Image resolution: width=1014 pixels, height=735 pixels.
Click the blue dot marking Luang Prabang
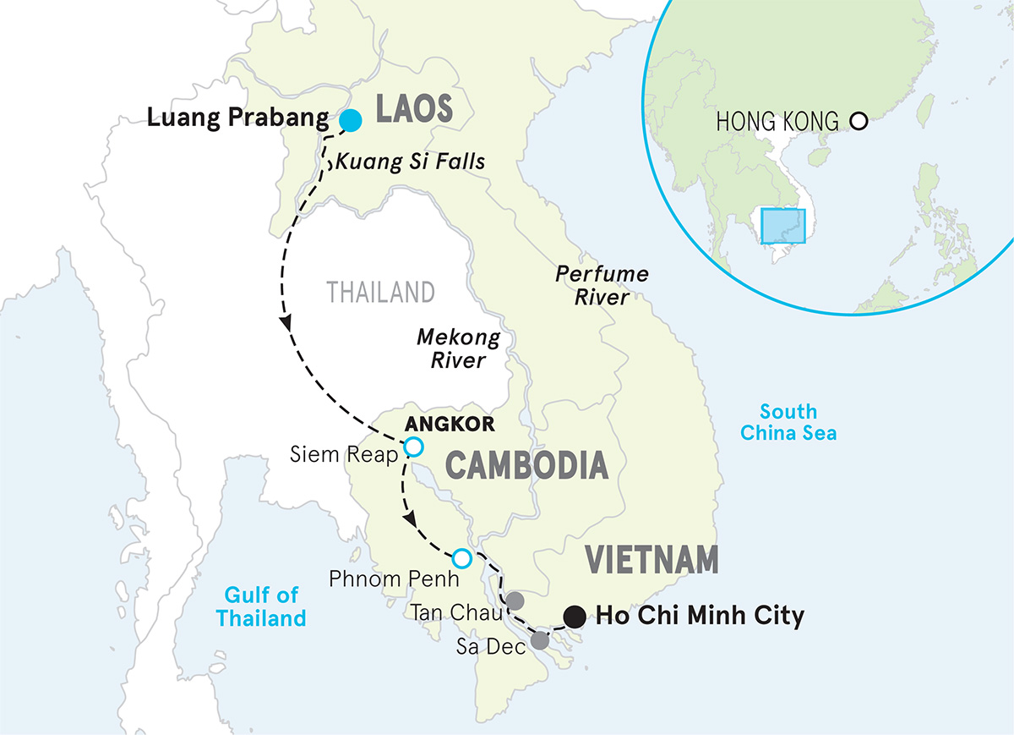coord(350,121)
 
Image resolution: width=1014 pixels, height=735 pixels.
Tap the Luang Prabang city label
coord(237,118)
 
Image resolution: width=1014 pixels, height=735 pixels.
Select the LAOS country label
coord(413,109)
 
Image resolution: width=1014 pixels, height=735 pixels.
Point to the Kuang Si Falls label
coord(411,161)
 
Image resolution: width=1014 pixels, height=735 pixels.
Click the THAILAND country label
coord(380,293)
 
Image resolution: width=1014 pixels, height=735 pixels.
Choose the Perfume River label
coord(602,286)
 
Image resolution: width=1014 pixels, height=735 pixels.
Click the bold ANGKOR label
coord(438,424)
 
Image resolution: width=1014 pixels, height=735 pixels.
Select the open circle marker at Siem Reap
coord(413,447)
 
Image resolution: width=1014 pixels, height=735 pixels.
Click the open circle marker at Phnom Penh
coord(461,558)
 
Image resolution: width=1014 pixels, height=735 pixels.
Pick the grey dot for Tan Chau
coord(514,601)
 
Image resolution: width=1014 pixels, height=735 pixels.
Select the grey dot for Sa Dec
coord(540,641)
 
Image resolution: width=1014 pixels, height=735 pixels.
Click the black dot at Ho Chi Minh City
coord(575,616)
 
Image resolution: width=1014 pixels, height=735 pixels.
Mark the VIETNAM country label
coord(651,560)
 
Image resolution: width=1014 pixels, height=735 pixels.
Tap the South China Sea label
coord(788,422)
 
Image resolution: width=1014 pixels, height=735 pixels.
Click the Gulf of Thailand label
coord(261,606)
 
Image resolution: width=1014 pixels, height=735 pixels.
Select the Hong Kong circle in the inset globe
coord(859,121)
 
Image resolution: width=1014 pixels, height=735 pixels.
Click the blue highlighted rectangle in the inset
coord(784,226)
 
